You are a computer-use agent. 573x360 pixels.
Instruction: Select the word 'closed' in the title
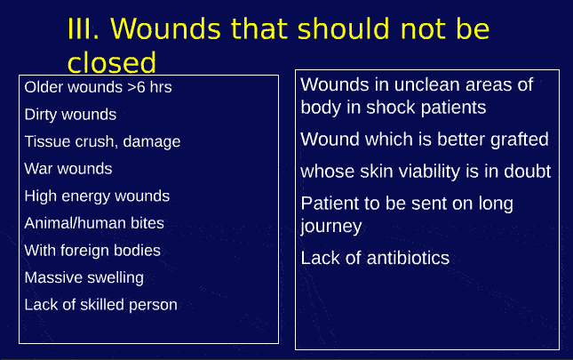point(111,62)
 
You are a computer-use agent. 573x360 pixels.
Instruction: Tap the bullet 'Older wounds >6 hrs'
point(98,87)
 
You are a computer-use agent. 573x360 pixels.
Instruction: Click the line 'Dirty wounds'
point(70,115)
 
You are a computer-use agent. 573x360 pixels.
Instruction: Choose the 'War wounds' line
point(68,169)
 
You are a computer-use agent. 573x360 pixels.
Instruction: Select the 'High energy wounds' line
point(97,196)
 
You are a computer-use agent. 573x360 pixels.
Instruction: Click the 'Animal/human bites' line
point(94,223)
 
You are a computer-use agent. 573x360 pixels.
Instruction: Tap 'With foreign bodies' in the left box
point(92,251)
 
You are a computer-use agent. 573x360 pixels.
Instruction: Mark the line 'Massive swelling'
point(84,277)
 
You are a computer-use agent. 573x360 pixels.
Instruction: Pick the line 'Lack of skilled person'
point(100,305)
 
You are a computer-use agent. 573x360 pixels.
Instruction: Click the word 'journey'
point(330,227)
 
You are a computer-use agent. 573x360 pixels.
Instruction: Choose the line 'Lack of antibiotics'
point(375,259)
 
